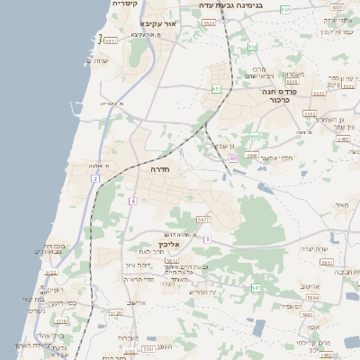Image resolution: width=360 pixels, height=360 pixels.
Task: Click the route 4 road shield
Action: pos(132,201)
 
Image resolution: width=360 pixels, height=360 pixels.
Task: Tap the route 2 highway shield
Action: pos(94,179)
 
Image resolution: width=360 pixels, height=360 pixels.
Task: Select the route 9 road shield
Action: pos(206,238)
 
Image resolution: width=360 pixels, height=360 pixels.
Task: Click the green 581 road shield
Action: pos(256,288)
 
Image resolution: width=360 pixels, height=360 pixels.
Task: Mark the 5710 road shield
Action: pos(61,319)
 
